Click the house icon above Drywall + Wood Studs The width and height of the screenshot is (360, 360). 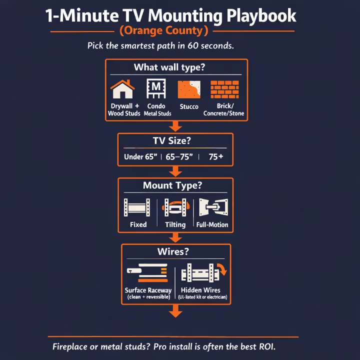coord(122,89)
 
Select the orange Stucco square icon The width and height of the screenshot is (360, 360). coord(189,89)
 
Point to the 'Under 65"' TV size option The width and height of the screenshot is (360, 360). coord(140,157)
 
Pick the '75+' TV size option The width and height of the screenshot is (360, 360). coord(216,157)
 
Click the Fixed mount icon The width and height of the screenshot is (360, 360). coord(137,207)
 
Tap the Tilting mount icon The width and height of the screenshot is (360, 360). coord(175,207)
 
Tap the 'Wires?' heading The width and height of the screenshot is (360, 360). coord(175,251)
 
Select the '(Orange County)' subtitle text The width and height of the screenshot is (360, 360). coord(164,31)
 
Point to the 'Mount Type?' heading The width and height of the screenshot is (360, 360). coord(172,185)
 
